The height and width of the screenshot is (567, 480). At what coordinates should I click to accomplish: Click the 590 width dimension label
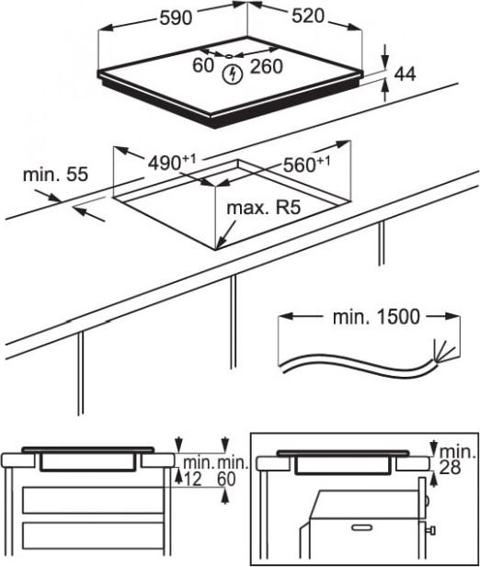click(x=176, y=17)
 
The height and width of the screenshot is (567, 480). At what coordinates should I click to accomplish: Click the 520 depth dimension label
click(x=308, y=16)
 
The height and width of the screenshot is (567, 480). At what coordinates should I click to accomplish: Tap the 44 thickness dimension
click(x=405, y=74)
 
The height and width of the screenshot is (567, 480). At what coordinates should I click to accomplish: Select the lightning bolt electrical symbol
click(x=232, y=74)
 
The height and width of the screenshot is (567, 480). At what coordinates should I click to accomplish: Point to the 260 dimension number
click(x=267, y=66)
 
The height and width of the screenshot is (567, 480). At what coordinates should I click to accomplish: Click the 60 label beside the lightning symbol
click(x=203, y=65)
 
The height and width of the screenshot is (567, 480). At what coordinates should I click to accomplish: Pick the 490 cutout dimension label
click(x=172, y=163)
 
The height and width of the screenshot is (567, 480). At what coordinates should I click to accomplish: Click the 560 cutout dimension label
click(x=307, y=164)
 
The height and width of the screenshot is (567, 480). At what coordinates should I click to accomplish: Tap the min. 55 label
click(x=55, y=175)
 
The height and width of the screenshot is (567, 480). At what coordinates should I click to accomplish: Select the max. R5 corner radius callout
click(x=264, y=208)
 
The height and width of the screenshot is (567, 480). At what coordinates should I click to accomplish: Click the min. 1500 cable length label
click(x=376, y=317)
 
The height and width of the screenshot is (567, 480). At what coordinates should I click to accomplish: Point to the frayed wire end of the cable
click(x=442, y=351)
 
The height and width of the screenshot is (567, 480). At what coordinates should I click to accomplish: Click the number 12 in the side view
click(x=192, y=480)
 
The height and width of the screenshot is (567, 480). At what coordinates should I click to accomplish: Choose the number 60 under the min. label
click(x=226, y=479)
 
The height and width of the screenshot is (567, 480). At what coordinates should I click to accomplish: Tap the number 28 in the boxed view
click(x=450, y=468)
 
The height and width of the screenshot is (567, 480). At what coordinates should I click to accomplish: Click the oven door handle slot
click(x=361, y=527)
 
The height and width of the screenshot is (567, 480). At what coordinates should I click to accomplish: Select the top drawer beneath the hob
click(x=93, y=500)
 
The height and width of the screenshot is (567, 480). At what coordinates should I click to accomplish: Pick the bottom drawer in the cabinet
click(x=93, y=535)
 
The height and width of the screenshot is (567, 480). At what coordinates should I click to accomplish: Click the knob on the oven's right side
click(x=431, y=531)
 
